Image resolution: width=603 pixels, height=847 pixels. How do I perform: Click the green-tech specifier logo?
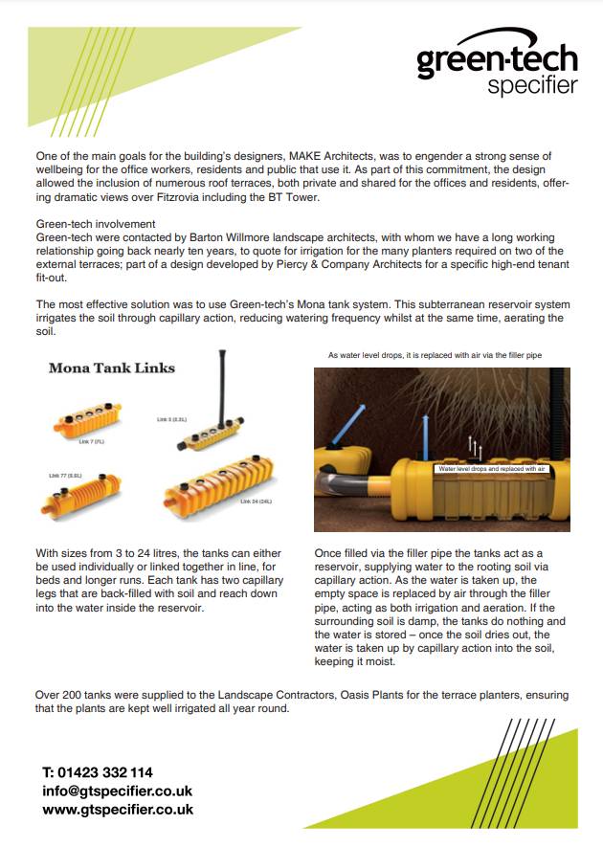coord(497,70)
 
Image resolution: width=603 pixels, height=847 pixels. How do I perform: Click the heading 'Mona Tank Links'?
coord(111,368)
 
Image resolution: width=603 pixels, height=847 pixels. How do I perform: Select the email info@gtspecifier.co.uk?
coord(117,791)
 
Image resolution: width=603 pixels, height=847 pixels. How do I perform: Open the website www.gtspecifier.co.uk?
coord(117,809)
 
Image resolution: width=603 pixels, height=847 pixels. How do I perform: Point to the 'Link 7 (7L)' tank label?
coord(92,441)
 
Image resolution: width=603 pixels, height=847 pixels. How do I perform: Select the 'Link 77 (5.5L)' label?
coord(65,475)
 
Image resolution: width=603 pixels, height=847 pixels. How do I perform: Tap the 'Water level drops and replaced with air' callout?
coord(490,469)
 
